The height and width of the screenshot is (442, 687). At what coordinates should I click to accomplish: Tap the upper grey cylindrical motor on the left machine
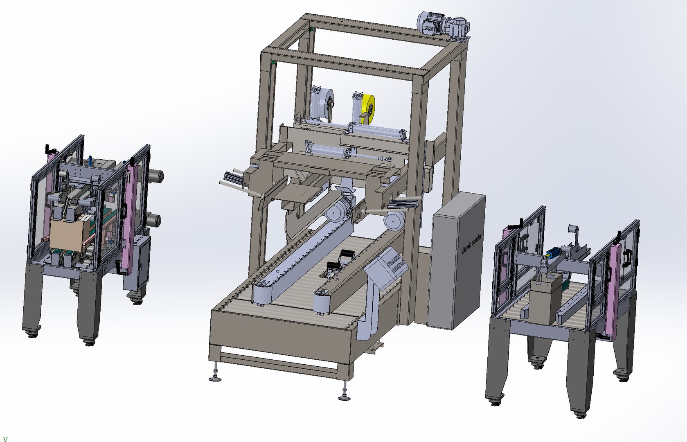coord(155,176)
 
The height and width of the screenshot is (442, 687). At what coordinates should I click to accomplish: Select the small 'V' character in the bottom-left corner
coord(5,439)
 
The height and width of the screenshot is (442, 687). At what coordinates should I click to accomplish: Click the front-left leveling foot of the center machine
coord(215,376)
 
